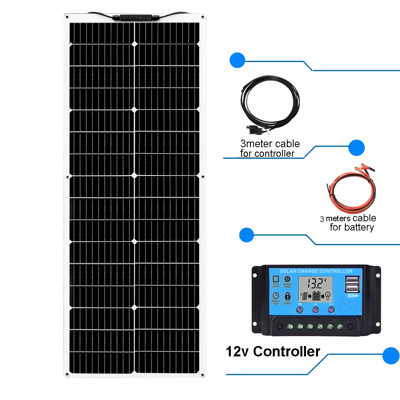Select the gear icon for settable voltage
click(287, 279)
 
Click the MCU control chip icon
click(276, 279)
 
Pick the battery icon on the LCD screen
click(316, 296)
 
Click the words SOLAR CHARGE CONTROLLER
click(316, 271)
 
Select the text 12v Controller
click(273, 352)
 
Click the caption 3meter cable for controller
click(270, 148)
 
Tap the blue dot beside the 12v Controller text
click(391, 356)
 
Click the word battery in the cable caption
click(358, 228)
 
